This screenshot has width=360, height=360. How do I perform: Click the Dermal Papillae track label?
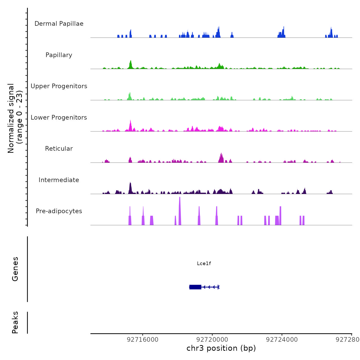59,24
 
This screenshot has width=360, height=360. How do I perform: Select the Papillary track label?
59,55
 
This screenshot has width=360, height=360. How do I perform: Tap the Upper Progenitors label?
59,86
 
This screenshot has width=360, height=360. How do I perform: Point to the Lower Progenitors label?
59,118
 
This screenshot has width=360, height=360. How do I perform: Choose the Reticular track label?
59,149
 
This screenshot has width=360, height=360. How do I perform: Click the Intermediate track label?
59,180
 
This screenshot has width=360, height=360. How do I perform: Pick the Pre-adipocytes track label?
59,211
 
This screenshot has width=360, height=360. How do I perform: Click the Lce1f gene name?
204,263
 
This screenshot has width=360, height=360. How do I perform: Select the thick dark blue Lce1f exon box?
195,287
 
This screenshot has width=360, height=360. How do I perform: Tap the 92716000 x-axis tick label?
143,340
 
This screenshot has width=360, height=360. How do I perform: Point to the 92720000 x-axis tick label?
212,340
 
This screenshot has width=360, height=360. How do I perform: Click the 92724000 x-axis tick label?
282,340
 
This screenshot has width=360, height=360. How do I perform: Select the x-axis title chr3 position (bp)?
221,348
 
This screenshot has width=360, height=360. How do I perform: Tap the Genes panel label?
15,269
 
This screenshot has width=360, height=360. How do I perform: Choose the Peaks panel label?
15,322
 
